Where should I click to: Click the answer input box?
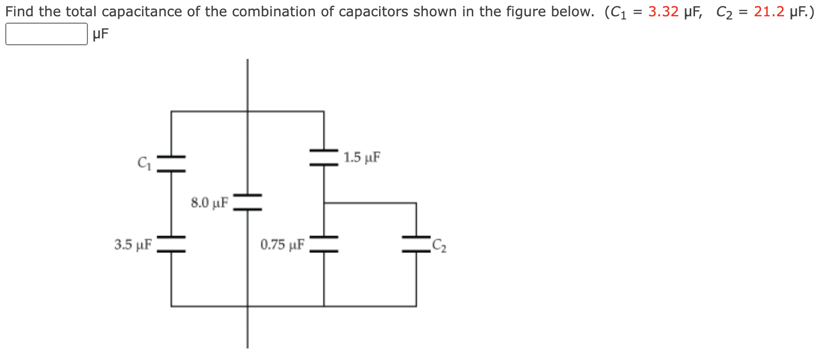[46, 34]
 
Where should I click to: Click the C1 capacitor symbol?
[171, 163]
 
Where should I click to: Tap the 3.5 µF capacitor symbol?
[171, 244]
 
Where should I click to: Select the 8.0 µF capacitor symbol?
[247, 202]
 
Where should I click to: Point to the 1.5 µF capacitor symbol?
[324, 157]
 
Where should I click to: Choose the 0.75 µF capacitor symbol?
[324, 244]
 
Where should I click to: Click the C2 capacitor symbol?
[416, 244]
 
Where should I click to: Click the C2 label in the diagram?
[439, 246]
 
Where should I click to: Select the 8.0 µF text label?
[210, 203]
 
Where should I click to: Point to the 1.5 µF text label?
[362, 157]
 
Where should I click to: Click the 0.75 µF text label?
[282, 245]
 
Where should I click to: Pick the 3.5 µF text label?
[133, 245]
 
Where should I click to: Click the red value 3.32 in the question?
[663, 12]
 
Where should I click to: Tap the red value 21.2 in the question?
[769, 12]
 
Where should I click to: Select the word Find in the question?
[20, 12]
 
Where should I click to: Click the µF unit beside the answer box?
[100, 35]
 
